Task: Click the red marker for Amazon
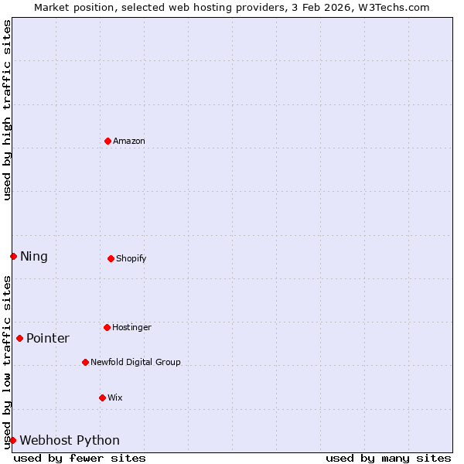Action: (107, 141)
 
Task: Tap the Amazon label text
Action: (129, 141)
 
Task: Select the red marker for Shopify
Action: (111, 258)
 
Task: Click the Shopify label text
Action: (131, 258)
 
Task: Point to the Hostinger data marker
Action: (107, 327)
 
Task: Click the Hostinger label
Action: (131, 327)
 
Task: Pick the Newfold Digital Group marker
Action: (85, 362)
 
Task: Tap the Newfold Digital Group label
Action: (135, 362)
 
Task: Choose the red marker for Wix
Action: (102, 397)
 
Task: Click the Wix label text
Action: (115, 397)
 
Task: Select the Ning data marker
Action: (13, 256)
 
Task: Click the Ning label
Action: (34, 257)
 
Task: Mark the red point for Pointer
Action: (19, 338)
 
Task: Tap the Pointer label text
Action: (48, 339)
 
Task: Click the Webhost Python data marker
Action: (12, 440)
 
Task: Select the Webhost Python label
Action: (70, 441)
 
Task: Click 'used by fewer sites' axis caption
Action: (80, 458)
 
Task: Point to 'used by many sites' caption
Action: (388, 458)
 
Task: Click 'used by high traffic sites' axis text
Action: (8, 110)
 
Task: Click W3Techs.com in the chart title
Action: (393, 7)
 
